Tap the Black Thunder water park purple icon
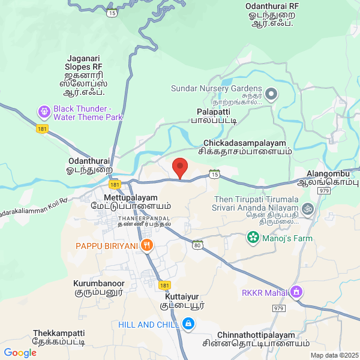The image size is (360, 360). pyautogui.click(x=44, y=112)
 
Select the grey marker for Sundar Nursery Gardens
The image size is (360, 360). pyautogui.click(x=271, y=93)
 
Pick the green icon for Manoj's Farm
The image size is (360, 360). pyautogui.click(x=253, y=238)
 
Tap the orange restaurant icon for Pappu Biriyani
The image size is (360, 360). pyautogui.click(x=147, y=245)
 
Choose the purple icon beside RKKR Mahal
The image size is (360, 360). pyautogui.click(x=295, y=292)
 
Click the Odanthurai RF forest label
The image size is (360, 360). pyautogui.click(x=272, y=6)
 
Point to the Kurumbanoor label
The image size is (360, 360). pyautogui.click(x=98, y=283)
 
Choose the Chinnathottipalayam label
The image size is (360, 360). pyautogui.click(x=265, y=335)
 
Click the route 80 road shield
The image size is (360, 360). pyautogui.click(x=197, y=244)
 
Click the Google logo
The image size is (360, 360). pyautogui.click(x=20, y=353)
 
